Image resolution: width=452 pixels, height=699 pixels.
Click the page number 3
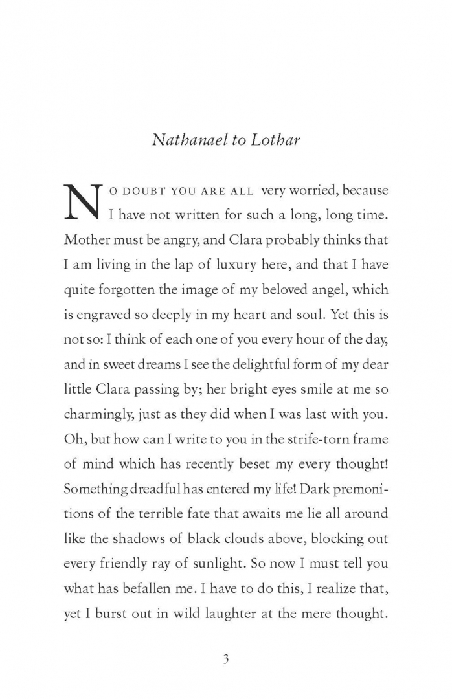coord(226,660)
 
